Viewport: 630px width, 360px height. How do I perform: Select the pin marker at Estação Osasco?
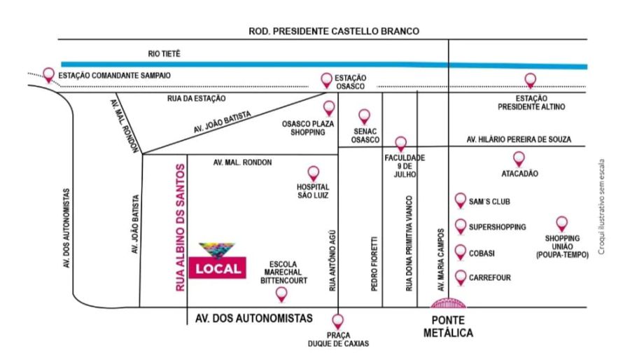[x=325, y=79]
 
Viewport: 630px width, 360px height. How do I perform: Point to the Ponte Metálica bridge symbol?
[x=448, y=303]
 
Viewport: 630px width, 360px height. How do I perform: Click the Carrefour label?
[x=490, y=278]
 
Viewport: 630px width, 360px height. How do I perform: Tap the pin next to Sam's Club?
[x=460, y=201]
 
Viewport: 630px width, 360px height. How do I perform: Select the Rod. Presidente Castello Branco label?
[x=334, y=31]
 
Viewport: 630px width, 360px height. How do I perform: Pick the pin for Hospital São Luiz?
[x=313, y=172]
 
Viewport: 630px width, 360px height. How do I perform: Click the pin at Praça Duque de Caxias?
[x=338, y=321]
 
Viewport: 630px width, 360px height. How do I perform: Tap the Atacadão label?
[x=519, y=174]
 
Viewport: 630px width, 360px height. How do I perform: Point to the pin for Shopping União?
[x=561, y=223]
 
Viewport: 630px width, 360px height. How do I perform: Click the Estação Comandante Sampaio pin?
[x=48, y=74]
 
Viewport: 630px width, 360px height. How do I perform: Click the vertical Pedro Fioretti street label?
[x=374, y=262]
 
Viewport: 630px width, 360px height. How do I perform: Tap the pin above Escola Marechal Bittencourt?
[x=281, y=293]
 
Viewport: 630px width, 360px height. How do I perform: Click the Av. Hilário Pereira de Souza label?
[x=518, y=141]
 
